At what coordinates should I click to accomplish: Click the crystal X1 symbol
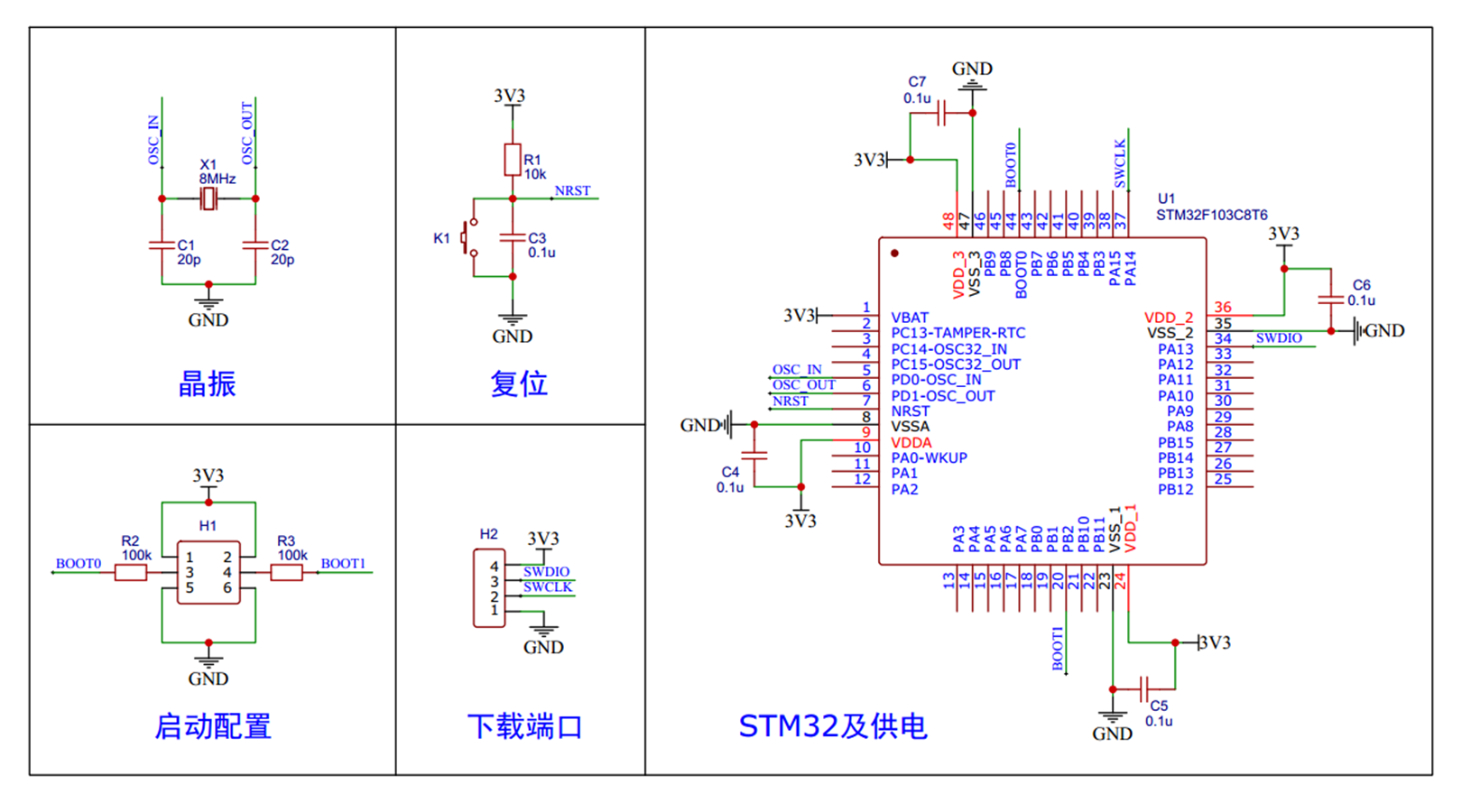click(208, 198)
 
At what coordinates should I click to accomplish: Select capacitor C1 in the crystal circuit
click(162, 245)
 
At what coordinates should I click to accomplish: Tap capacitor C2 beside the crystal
click(255, 245)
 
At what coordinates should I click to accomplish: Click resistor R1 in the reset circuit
click(512, 160)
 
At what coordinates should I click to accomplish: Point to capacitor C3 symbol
click(512, 237)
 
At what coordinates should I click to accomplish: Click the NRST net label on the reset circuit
click(572, 191)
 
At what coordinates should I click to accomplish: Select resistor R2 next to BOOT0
click(131, 572)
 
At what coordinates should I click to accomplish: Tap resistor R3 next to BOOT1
click(286, 572)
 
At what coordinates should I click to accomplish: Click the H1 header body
click(208, 572)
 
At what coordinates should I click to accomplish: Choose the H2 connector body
click(489, 588)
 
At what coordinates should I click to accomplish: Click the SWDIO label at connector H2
click(546, 572)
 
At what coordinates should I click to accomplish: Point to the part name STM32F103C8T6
click(1211, 215)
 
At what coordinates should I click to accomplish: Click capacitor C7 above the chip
click(941, 114)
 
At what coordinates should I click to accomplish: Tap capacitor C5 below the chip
click(1144, 689)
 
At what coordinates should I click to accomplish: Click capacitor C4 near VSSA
click(754, 456)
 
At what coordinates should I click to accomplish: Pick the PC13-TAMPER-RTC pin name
click(958, 333)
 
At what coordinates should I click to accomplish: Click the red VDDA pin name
click(911, 443)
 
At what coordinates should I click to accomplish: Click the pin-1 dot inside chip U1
click(894, 254)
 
